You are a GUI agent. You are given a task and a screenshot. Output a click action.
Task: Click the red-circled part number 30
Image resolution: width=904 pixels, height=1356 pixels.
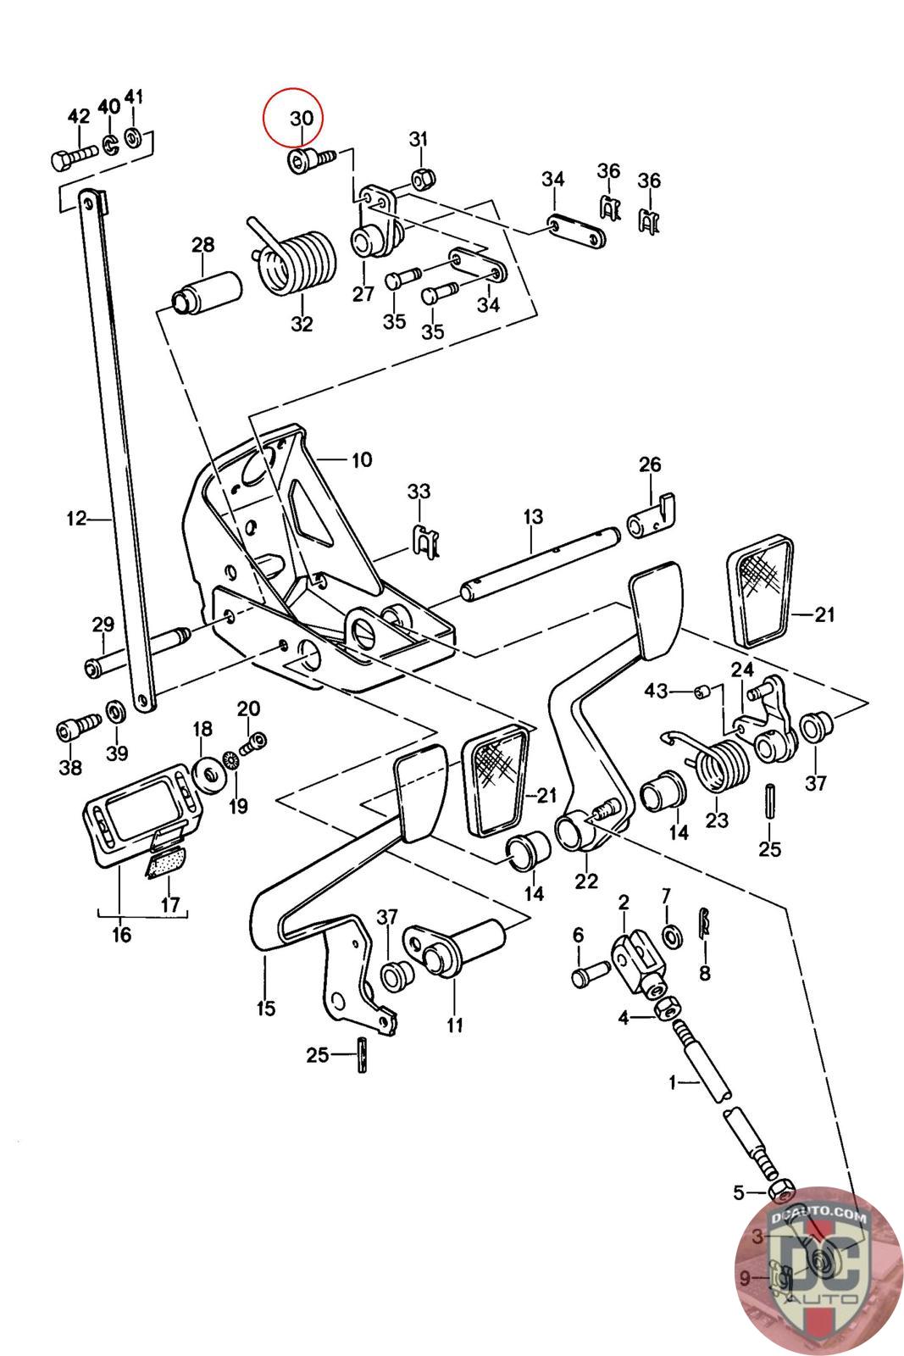click(x=302, y=118)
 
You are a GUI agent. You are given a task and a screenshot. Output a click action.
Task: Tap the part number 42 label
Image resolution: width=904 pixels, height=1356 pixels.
click(x=79, y=115)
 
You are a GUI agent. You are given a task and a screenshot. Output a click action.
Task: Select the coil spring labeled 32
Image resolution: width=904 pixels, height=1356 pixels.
click(x=293, y=260)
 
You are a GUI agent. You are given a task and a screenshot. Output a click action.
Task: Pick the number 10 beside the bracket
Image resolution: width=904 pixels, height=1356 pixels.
click(x=362, y=460)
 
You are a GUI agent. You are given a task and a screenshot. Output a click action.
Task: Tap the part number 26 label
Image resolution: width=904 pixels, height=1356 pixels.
click(x=650, y=464)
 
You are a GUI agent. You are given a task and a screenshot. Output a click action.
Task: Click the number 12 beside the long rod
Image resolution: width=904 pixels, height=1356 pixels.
click(x=77, y=519)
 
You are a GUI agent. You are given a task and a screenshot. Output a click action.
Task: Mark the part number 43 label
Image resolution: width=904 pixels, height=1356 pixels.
click(x=656, y=691)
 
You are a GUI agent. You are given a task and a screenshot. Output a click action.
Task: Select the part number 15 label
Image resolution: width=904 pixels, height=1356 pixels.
click(x=266, y=1009)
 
